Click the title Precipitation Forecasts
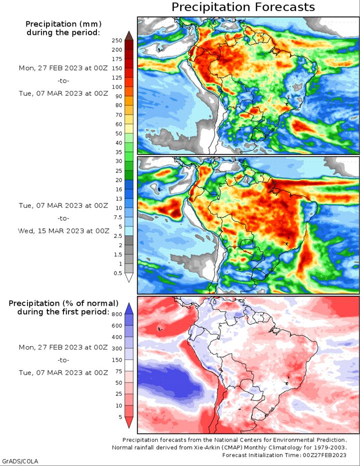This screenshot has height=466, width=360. pyautogui.click(x=243, y=6)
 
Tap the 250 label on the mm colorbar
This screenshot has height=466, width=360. pyautogui.click(x=117, y=40)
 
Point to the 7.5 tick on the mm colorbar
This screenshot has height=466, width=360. pyautogui.click(x=118, y=217)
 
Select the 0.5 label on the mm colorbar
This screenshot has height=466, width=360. pyautogui.click(x=118, y=273)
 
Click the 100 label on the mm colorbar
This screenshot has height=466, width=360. pyautogui.click(x=117, y=87)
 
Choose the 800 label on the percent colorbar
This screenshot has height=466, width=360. pyautogui.click(x=117, y=314)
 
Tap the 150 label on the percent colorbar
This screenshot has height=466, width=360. pyautogui.click(x=117, y=360)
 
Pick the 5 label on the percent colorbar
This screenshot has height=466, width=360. pyautogui.click(x=120, y=417)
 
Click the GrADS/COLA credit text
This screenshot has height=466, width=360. pyautogui.click(x=19, y=461)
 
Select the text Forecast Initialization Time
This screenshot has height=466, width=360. pyautogui.click(x=261, y=455)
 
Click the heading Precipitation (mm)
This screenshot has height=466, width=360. pyautogui.click(x=63, y=24)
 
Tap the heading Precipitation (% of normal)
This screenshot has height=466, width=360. pyautogui.click(x=63, y=303)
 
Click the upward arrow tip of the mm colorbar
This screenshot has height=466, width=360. pyautogui.click(x=129, y=31)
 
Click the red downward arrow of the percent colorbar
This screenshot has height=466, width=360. pyautogui.click(x=129, y=423)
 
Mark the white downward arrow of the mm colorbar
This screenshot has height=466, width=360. pyautogui.click(x=129, y=278)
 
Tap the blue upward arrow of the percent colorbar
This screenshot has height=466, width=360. pyautogui.click(x=129, y=309)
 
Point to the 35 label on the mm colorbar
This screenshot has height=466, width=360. pyautogui.click(x=119, y=152)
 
